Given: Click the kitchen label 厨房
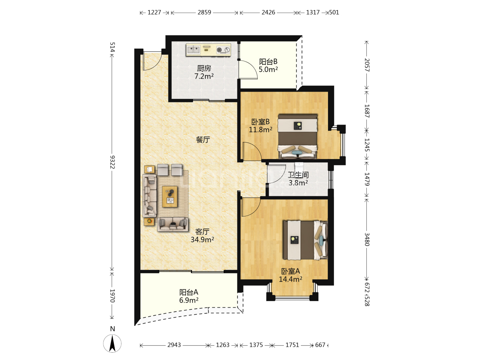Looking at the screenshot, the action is point(204,68).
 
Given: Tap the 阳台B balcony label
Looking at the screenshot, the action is point(268,62).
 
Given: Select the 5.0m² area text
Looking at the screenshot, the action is point(268,70).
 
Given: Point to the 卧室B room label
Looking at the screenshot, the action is point(260,122).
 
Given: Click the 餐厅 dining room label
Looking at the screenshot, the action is point(203,139).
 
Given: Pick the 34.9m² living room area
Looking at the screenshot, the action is point(202,240).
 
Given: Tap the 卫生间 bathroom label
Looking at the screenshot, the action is point(298,175).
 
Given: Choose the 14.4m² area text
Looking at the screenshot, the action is point(290,279).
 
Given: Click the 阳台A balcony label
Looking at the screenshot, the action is point(189,292).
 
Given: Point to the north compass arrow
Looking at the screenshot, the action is point(112,343).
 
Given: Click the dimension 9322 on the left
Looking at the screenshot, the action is point(112,162).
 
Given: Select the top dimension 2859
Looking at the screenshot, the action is point(204,12).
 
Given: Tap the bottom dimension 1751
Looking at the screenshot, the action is point(292,345).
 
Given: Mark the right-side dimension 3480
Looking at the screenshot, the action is point(367,239).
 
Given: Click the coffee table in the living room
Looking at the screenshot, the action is point(170,197).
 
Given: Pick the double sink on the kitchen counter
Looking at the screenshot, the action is point(194,50).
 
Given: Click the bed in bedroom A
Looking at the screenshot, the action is point(305,240).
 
